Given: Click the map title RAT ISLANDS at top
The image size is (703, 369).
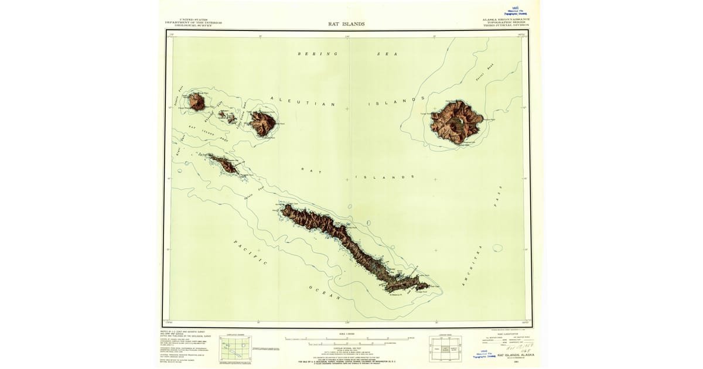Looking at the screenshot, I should point(346,24).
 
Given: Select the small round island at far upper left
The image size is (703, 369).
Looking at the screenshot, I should point(196,102).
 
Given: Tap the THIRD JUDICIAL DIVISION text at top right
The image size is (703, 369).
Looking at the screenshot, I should point(506,25).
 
